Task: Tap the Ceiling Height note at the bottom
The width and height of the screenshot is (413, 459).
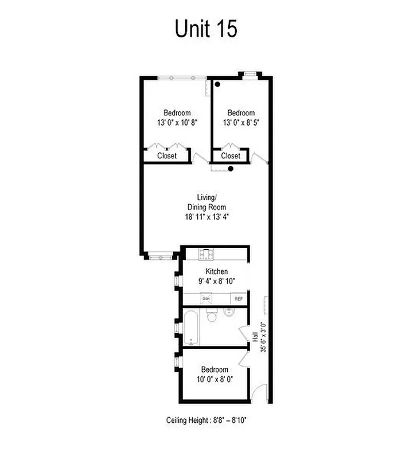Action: pyautogui.click(x=206, y=421)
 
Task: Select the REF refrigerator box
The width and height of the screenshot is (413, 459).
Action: pyautogui.click(x=239, y=299)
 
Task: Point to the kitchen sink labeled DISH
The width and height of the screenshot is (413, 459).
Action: pyautogui.click(x=206, y=299)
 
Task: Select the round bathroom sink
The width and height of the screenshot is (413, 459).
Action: pyautogui.click(x=229, y=313)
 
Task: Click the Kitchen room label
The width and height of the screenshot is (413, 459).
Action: pyautogui.click(x=217, y=271)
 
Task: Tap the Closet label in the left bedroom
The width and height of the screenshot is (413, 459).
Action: pyautogui.click(x=167, y=156)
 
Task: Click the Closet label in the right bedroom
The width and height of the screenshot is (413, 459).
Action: pyautogui.click(x=231, y=156)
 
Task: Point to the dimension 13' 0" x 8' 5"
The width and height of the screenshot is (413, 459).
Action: pyautogui.click(x=241, y=122)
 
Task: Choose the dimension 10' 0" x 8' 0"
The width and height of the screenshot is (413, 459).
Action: pyautogui.click(x=215, y=379)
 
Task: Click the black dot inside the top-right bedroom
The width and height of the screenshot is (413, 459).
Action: pyautogui.click(x=217, y=85)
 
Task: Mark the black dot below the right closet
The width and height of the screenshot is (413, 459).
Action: pyautogui.click(x=231, y=169)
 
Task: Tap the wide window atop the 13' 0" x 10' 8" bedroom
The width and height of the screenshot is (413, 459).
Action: pyautogui.click(x=182, y=77)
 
